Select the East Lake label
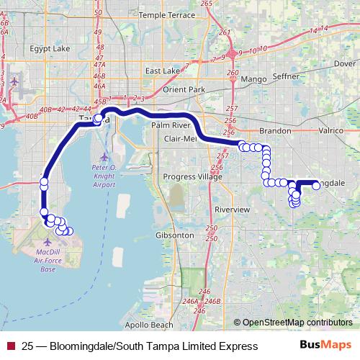point(161,71)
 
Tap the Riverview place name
point(232,209)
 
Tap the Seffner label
point(289,78)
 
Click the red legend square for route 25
point(10,346)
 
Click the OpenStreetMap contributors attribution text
point(296,323)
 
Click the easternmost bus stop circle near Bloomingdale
point(315,186)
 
